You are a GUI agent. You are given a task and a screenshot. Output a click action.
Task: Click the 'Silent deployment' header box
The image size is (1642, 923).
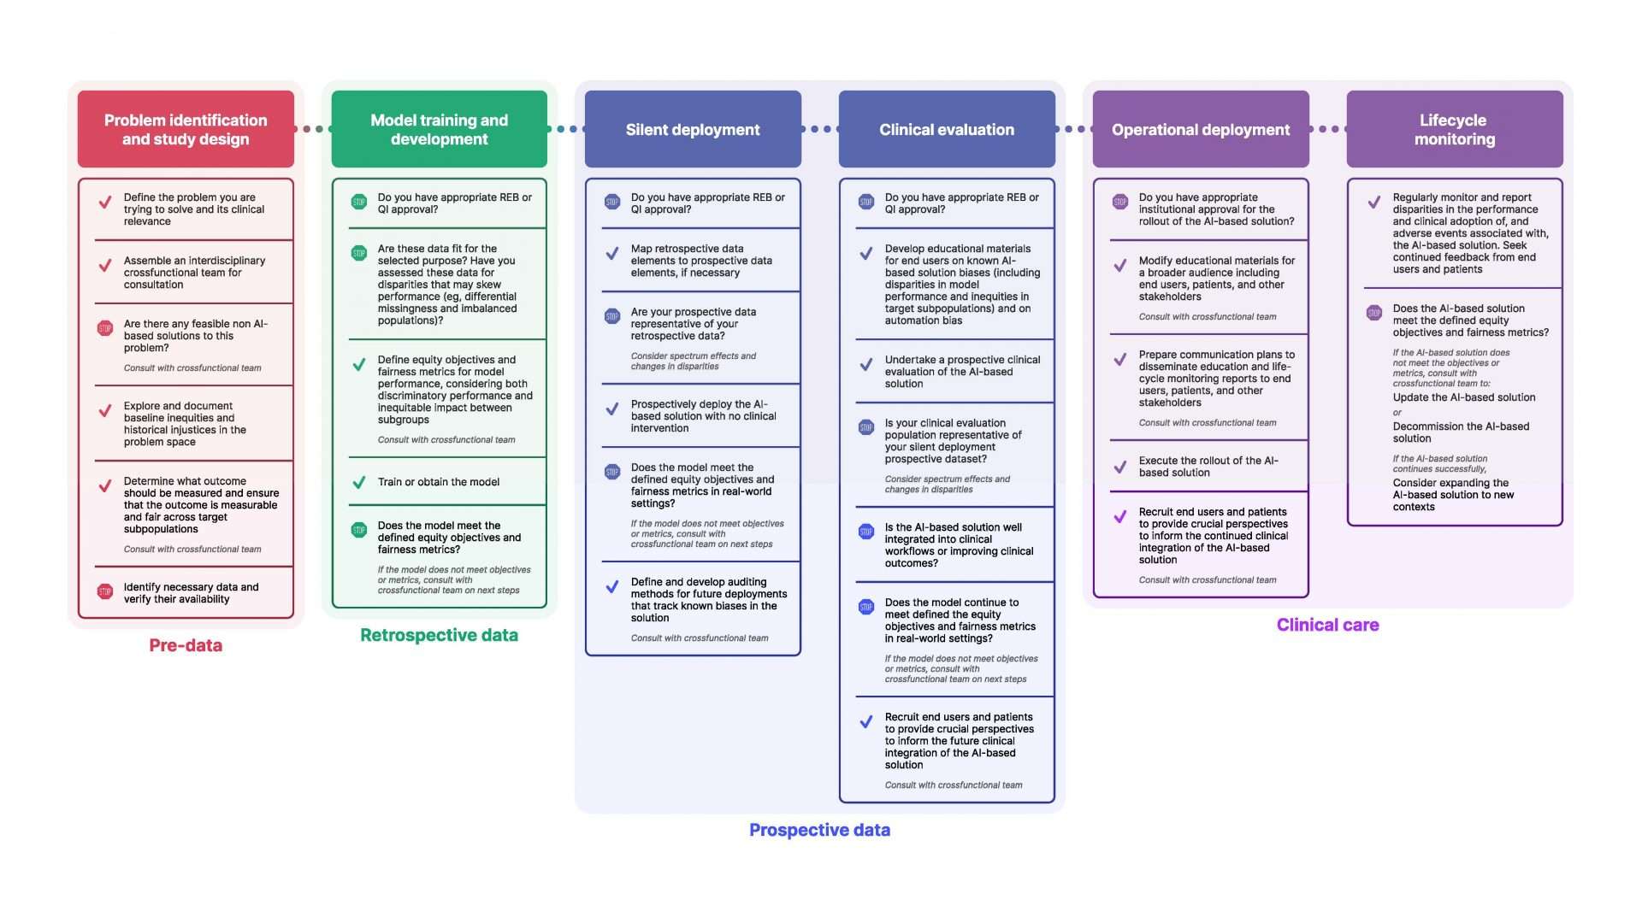pyautogui.click(x=693, y=129)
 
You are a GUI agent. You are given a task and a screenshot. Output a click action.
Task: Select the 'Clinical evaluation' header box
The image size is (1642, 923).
pyautogui.click(x=947, y=129)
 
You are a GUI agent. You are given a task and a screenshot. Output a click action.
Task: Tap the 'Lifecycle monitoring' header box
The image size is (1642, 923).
pyautogui.click(x=1454, y=129)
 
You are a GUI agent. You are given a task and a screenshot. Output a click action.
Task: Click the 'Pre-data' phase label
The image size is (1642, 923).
pyautogui.click(x=186, y=645)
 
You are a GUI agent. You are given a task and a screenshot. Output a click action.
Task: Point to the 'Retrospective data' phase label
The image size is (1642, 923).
pyautogui.click(x=439, y=635)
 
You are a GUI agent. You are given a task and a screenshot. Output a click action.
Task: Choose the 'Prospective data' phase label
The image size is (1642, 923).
pyautogui.click(x=819, y=830)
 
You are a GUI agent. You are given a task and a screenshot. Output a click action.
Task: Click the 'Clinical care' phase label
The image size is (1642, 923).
pyautogui.click(x=1327, y=625)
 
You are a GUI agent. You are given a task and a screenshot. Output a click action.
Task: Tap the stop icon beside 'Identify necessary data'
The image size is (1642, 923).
pyautogui.click(x=105, y=591)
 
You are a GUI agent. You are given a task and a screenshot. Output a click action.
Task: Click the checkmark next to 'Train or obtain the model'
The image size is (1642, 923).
pyautogui.click(x=359, y=482)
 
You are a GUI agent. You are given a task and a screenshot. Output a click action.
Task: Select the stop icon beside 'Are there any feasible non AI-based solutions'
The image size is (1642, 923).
pyautogui.click(x=105, y=328)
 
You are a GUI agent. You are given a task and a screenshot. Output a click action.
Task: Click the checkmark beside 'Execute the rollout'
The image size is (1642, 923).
pyautogui.click(x=1120, y=467)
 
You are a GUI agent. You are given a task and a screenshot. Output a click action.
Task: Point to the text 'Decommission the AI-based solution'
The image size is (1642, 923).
pyautogui.click(x=1461, y=432)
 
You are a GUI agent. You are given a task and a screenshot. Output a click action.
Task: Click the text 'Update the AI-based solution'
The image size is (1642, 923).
pyautogui.click(x=1463, y=397)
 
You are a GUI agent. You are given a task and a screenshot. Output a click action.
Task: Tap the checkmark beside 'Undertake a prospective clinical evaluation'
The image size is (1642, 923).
pyautogui.click(x=866, y=365)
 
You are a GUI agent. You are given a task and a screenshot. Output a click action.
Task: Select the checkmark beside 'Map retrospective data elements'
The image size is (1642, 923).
pyautogui.click(x=612, y=254)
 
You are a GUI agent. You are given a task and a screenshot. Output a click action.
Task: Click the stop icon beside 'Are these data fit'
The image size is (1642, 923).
pyautogui.click(x=359, y=253)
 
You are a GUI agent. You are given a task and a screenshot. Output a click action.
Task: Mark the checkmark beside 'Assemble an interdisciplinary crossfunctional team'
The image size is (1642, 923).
pyautogui.click(x=105, y=266)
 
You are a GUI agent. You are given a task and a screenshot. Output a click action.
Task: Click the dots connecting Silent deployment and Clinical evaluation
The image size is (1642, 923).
pyautogui.click(x=820, y=129)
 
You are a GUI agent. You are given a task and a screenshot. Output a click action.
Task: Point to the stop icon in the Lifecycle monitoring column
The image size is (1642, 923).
pyautogui.click(x=1373, y=313)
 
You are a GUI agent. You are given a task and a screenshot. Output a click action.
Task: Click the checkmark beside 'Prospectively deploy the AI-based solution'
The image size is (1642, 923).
pyautogui.click(x=612, y=409)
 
